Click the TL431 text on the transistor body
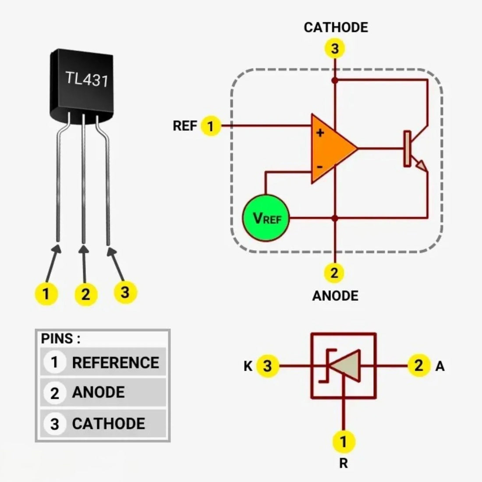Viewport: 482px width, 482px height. tap(87, 79)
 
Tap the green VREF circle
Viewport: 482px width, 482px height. tap(266, 218)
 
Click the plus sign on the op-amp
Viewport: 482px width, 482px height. tap(320, 132)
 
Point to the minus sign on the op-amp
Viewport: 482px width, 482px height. tap(320, 167)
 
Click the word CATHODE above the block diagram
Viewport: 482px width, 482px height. tap(336, 27)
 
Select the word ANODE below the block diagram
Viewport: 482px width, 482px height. tap(335, 296)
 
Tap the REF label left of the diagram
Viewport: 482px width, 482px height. tap(184, 126)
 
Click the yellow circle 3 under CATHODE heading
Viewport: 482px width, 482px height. tap(335, 48)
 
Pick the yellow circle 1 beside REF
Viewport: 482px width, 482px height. tap(211, 126)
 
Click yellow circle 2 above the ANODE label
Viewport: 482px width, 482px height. tap(334, 273)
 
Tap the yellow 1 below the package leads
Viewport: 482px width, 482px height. tap(46, 293)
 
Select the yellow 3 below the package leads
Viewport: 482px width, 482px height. tap(125, 291)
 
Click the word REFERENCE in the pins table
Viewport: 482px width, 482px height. tap(116, 363)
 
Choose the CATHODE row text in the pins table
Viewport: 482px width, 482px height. tap(109, 424)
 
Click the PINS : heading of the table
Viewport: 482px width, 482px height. tap(60, 339)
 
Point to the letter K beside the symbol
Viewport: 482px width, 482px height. tap(248, 365)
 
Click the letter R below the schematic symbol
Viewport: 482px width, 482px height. tap(344, 463)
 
